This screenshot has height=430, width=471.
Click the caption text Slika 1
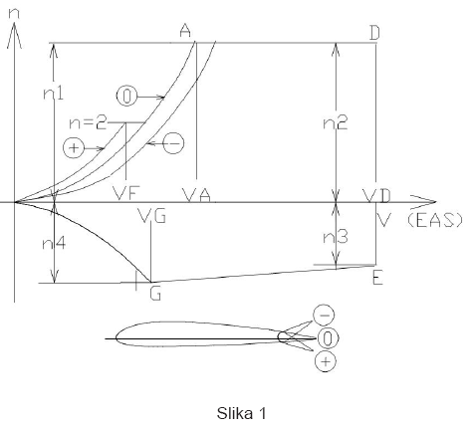pos(241,413)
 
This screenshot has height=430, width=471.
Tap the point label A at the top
pos(185,31)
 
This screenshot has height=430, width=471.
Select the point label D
pos(374,33)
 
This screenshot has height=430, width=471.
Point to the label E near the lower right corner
pos(377,278)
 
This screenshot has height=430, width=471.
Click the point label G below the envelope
pos(155,294)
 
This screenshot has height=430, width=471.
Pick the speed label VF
pos(126,193)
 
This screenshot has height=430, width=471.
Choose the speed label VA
pos(197,195)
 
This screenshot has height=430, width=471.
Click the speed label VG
pos(151,216)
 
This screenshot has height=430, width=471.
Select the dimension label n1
pos(54,94)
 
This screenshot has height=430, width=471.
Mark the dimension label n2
pos(336,123)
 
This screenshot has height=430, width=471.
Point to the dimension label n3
pos(336,237)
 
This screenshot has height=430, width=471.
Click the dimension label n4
pos(54,244)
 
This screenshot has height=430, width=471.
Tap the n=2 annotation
pos(88,123)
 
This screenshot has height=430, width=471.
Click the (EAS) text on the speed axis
pos(435,220)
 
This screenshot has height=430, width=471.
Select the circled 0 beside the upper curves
pos(126,97)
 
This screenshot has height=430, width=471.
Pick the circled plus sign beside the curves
pos(74,147)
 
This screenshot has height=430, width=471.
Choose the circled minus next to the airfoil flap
pos(324,315)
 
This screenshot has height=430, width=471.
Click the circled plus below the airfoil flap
pos(326,361)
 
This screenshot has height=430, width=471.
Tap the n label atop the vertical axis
pos(14,13)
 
